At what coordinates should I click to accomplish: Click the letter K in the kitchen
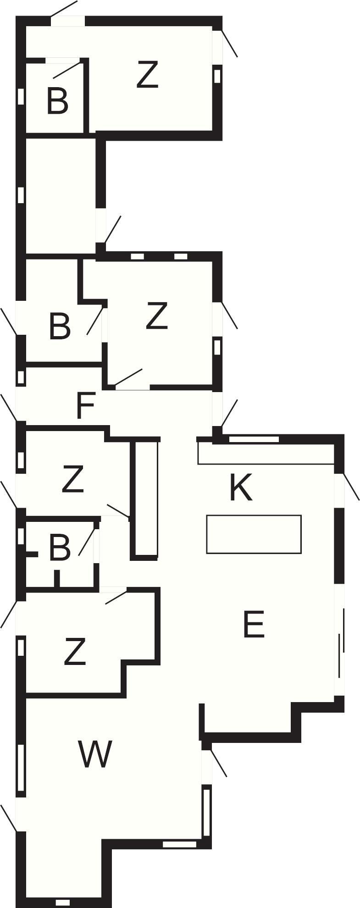coord(241,488)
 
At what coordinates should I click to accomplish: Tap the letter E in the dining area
coord(254,624)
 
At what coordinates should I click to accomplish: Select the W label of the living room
coord(95,754)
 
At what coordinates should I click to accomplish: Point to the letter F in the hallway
coord(85,405)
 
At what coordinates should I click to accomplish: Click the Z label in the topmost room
coord(148,75)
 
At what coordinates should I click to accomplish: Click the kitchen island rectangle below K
coord(254,534)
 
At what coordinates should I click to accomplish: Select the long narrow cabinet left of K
coord(145,499)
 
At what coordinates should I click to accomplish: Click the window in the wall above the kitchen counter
coord(254,439)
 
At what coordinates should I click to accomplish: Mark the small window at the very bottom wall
coord(63,902)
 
